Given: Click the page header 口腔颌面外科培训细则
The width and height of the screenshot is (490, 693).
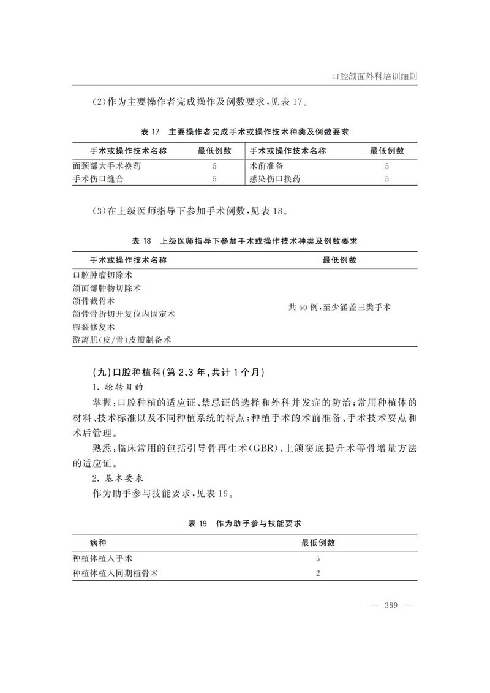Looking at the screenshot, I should (374, 77).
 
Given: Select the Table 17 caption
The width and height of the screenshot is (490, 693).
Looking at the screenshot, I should (245, 132).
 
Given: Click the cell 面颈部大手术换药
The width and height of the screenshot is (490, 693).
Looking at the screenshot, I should (110, 166).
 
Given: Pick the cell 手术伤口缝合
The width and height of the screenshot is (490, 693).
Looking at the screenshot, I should (99, 179).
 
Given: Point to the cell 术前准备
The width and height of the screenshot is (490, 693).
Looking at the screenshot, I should (266, 166).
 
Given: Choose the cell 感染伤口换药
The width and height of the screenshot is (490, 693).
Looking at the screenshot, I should (275, 179).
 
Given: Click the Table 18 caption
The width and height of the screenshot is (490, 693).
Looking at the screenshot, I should (245, 241).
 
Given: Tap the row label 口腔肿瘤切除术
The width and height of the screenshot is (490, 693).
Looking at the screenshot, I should (102, 275).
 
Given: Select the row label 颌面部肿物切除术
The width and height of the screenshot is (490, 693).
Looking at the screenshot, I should (107, 288).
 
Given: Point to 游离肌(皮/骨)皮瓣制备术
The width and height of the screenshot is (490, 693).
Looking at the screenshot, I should (121, 339).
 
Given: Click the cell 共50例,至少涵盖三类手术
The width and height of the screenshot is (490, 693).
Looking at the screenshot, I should (339, 307).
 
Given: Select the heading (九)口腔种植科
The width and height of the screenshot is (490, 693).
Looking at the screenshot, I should (169, 373).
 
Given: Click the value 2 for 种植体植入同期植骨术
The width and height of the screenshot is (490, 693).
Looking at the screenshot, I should (318, 574).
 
